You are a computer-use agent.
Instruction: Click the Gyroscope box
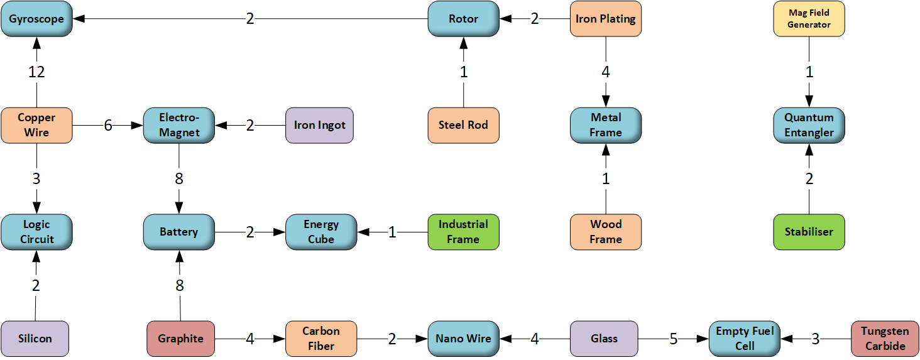pos(36,19)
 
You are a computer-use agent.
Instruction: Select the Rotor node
pos(464,19)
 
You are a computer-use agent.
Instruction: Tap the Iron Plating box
pos(606,19)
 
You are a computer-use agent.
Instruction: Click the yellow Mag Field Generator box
pos(809,19)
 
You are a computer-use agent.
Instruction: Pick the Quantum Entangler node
pos(809,125)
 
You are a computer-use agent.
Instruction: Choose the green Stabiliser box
pos(809,232)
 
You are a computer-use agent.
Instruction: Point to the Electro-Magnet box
pos(179,125)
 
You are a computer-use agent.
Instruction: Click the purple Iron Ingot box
pos(320,125)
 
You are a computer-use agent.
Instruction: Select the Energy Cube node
pos(321,232)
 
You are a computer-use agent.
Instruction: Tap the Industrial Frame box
pos(464,232)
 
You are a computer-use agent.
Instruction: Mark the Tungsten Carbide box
pos(885,339)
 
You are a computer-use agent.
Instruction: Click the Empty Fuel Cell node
pos(745,339)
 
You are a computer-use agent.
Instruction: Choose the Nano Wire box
pos(464,339)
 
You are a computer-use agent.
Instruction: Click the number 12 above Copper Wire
pos(36,72)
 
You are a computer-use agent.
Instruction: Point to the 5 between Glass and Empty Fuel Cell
pos(673,339)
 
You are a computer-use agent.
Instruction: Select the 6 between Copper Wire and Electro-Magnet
pos(108,126)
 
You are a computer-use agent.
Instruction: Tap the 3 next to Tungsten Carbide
pos(815,339)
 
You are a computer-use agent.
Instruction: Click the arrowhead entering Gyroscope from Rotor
pos(78,19)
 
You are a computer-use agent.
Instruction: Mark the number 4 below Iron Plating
pos(606,72)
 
